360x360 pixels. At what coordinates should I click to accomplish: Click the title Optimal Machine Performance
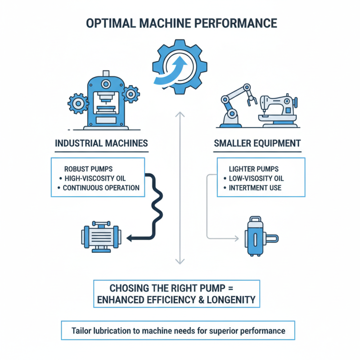(x=180, y=22)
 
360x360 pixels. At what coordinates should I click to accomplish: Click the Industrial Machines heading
(x=101, y=144)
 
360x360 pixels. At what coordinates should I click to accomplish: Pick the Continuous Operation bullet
(x=101, y=188)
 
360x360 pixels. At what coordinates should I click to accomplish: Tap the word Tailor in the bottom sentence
(x=81, y=331)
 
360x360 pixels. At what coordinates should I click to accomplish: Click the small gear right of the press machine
(x=131, y=94)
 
